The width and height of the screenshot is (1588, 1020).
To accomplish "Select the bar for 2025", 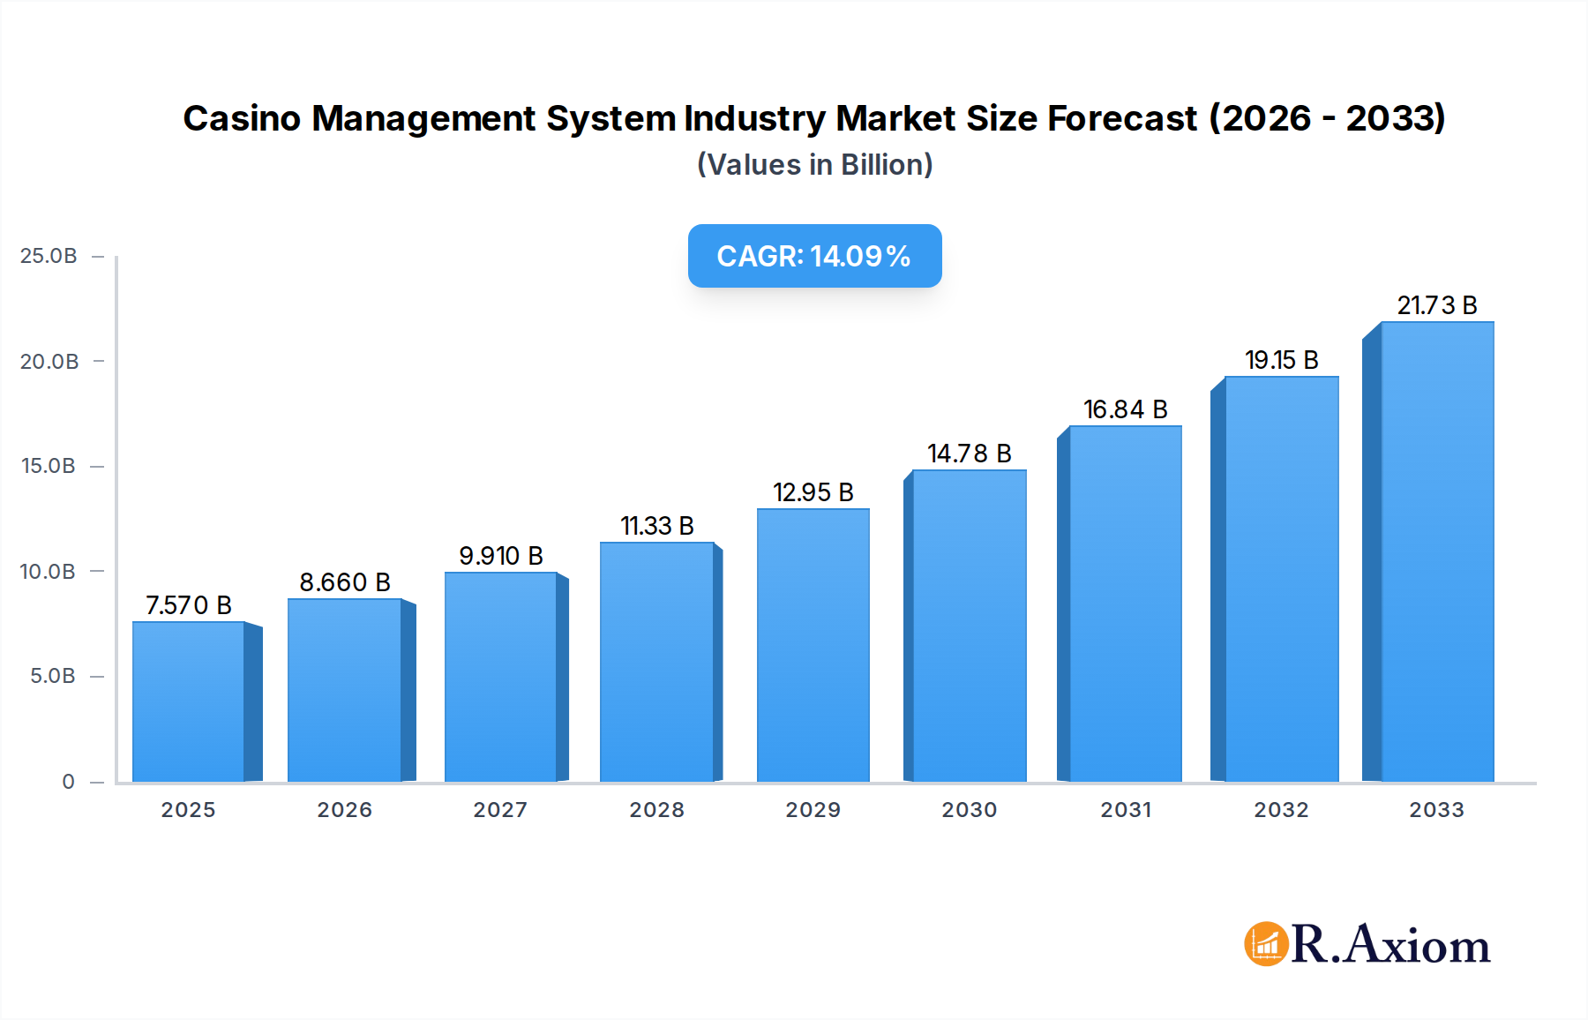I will point(188,701).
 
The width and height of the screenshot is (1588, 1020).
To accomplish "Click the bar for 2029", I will point(813,645).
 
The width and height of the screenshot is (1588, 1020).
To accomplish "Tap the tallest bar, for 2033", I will point(1437,551).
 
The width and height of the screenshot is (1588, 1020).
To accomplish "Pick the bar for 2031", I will point(1125,604).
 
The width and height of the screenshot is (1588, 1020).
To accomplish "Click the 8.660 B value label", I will point(345,582).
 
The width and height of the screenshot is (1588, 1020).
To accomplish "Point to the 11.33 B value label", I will point(657,526).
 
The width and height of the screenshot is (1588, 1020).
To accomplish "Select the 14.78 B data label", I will point(969,454).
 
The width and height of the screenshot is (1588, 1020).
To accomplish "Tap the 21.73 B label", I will point(1436,305).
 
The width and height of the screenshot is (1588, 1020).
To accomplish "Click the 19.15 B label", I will point(1281,360).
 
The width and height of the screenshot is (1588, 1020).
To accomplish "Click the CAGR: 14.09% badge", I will point(814,256).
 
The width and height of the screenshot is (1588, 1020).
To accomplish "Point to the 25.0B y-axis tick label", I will point(49,256).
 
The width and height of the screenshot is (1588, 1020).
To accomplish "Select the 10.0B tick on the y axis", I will point(49,572).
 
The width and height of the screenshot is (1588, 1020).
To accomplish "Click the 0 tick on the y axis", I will point(68,782).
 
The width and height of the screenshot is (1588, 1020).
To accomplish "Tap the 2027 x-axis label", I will point(500,810).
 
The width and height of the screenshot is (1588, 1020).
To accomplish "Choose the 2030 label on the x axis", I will point(969,810).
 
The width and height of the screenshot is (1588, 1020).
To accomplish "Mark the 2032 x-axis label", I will point(1281,810).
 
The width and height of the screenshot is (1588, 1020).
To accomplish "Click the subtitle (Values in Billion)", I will point(814,165).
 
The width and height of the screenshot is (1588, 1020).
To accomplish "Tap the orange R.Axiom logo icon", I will point(1266,944).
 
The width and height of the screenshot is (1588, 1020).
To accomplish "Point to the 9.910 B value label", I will point(500,556).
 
